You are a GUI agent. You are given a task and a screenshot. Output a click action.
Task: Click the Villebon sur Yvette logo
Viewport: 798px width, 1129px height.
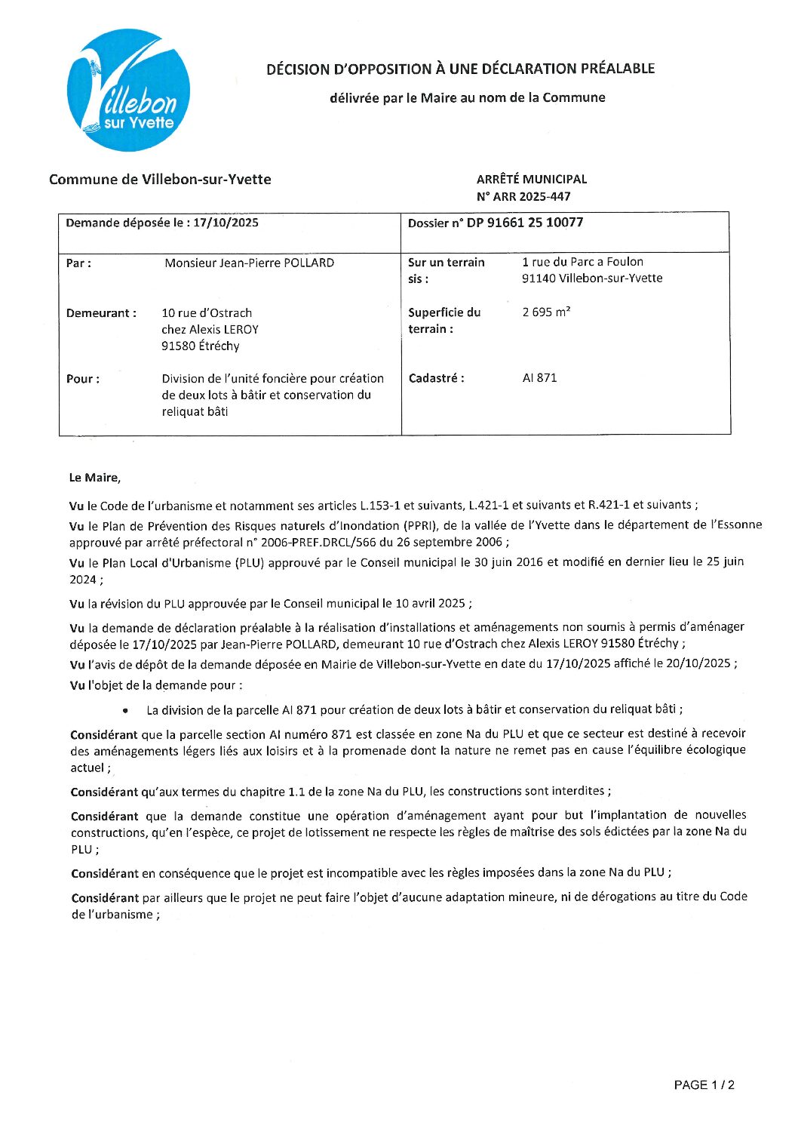coord(128,91)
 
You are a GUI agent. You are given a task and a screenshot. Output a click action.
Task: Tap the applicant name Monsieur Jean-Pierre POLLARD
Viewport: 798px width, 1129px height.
coord(249,263)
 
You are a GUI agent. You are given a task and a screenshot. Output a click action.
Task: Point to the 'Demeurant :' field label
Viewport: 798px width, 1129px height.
coord(101,313)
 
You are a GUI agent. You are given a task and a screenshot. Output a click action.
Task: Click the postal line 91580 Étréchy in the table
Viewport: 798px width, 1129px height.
coord(200,346)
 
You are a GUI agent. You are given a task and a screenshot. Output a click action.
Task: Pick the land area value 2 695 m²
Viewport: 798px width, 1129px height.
coord(546,312)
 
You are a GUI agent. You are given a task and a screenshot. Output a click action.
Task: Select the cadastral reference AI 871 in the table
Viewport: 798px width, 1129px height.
coord(539,378)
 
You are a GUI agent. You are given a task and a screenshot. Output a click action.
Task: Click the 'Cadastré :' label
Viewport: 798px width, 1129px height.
coord(436,379)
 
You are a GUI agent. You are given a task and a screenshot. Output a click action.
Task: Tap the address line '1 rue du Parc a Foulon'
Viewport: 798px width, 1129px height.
coord(582,262)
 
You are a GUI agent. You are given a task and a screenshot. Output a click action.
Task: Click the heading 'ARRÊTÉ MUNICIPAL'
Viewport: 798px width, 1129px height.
coord(531,180)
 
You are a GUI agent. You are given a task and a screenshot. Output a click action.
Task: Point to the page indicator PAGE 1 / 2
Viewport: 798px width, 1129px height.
coord(704,1085)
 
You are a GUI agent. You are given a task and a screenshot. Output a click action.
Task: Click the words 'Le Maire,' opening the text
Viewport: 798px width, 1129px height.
coord(94,478)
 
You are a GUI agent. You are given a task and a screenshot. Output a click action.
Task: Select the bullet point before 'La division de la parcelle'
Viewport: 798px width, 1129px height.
coord(125,711)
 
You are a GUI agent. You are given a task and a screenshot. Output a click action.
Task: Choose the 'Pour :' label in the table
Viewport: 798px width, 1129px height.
coord(82,379)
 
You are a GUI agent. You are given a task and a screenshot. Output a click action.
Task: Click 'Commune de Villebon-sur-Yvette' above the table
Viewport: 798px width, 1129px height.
coord(160,180)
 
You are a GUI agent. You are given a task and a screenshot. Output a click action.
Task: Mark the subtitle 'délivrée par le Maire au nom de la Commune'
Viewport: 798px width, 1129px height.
coord(467,97)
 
